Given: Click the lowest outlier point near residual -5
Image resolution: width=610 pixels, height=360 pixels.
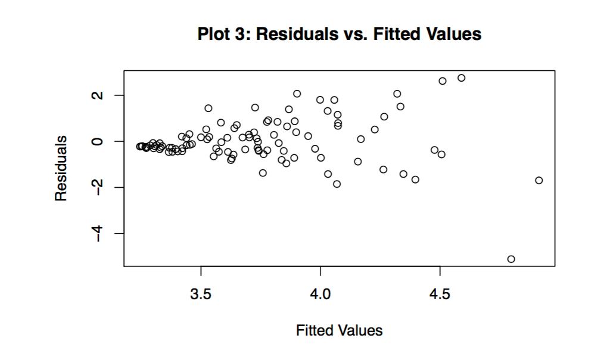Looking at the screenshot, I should pyautogui.click(x=511, y=259).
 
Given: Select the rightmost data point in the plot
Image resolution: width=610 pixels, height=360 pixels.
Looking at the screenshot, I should pyautogui.click(x=539, y=180).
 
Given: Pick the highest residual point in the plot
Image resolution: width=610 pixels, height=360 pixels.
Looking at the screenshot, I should pyautogui.click(x=461, y=78).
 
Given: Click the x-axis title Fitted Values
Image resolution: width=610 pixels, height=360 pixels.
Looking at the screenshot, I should pyautogui.click(x=339, y=330).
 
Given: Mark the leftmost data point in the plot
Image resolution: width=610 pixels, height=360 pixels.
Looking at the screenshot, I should pyautogui.click(x=139, y=147).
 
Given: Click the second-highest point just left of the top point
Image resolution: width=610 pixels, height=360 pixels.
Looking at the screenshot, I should pyautogui.click(x=443, y=81).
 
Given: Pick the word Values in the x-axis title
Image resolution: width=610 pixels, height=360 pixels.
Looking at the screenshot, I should pyautogui.click(x=360, y=330).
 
